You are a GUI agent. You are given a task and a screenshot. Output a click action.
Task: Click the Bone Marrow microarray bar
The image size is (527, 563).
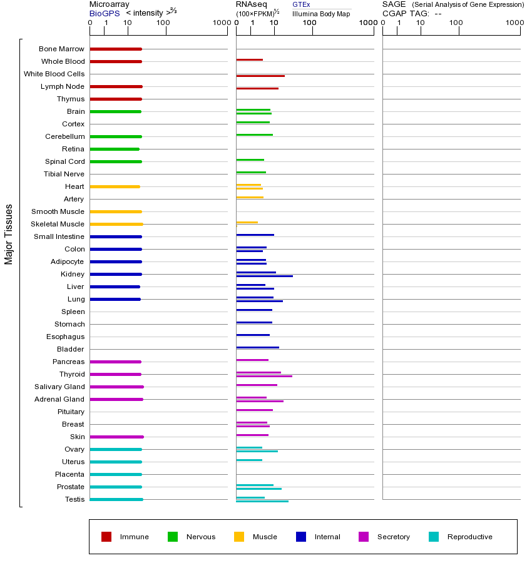tap(116, 49)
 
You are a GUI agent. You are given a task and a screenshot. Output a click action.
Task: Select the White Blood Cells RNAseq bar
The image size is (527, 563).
tap(260, 76)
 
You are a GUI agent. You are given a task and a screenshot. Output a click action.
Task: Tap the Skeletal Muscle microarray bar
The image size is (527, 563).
tap(116, 224)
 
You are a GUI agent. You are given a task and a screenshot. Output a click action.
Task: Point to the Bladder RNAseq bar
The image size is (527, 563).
tap(257, 347)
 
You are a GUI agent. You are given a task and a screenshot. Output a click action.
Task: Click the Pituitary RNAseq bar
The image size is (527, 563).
tap(254, 410)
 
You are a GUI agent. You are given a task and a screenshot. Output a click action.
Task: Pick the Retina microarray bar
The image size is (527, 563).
tap(115, 149)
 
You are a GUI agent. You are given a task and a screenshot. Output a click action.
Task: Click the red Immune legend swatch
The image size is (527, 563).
tap(106, 537)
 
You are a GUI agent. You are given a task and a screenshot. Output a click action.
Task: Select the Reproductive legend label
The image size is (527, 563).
tap(469, 537)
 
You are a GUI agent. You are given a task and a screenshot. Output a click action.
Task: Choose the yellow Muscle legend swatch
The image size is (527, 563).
tap(239, 537)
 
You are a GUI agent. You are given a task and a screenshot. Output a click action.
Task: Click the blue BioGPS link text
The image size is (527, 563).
tap(105, 13)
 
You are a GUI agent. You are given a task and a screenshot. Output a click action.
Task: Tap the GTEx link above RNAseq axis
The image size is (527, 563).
tap(301, 5)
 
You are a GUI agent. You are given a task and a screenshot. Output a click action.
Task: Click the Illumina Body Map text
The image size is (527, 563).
tap(321, 14)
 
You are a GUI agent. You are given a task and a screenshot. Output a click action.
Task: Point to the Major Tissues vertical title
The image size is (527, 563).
tap(9, 234)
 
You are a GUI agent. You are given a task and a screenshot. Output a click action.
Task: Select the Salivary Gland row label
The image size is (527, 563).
tap(59, 387)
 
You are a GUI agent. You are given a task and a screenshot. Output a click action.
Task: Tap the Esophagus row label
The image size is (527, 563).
tap(65, 337)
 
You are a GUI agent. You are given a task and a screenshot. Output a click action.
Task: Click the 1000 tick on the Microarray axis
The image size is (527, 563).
tap(221, 23)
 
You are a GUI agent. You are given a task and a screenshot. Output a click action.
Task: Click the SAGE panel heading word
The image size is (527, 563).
tap(394, 4)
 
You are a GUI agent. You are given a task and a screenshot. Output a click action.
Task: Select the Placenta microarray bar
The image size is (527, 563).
tap(116, 474)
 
